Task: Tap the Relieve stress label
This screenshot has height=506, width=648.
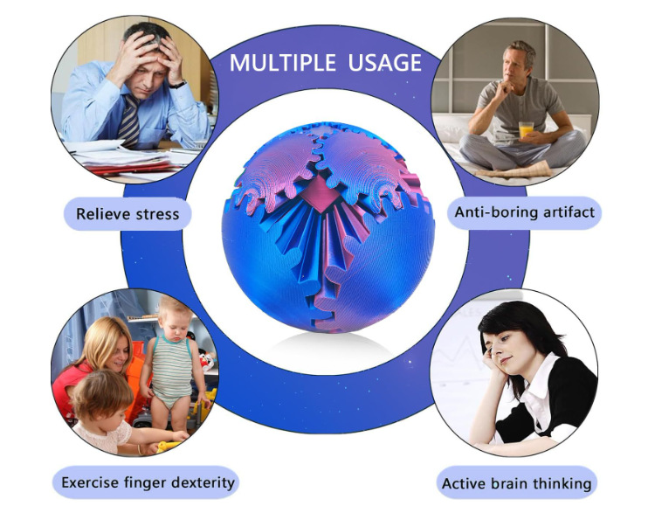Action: (128, 213)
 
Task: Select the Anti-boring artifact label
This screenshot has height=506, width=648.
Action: (525, 211)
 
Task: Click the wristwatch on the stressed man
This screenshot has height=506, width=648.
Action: (177, 84)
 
